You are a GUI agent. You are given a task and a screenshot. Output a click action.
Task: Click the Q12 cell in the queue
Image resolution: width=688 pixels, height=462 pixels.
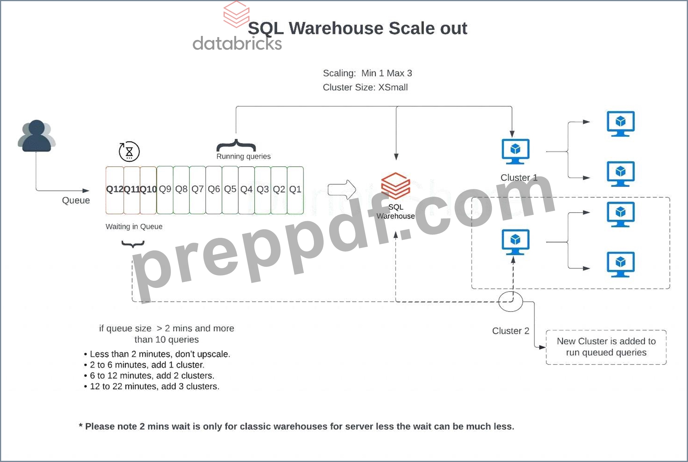[115, 190]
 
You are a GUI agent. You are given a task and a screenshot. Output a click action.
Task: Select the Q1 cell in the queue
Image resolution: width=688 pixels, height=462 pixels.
[295, 190]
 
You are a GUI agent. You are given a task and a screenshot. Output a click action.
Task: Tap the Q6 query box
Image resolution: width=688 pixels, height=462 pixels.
[214, 190]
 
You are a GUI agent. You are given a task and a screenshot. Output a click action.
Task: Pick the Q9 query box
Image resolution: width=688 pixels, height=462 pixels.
[165, 190]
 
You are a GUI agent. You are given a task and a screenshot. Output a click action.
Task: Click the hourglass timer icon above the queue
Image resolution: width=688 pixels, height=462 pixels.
[129, 152]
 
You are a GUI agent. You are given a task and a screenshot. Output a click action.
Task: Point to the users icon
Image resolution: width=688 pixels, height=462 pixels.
[36, 136]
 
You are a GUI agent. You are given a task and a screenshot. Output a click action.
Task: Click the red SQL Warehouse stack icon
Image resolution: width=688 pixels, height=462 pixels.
[396, 186]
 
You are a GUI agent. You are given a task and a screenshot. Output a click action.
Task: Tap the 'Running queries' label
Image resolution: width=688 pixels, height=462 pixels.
[244, 156]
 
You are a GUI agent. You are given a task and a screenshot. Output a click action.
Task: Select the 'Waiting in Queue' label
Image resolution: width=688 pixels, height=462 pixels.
[134, 226]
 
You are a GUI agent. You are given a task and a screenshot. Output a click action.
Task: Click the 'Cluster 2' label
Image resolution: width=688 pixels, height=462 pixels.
[510, 331]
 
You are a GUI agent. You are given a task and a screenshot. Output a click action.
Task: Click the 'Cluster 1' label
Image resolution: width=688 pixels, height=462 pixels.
[519, 177]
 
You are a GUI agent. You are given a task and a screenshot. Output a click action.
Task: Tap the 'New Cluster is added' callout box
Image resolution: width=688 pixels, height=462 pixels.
[606, 347]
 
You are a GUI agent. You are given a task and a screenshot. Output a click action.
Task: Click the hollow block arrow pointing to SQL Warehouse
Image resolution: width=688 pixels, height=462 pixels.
[342, 190]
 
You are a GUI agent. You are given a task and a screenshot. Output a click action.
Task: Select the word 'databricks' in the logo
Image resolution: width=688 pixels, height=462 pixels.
[237, 43]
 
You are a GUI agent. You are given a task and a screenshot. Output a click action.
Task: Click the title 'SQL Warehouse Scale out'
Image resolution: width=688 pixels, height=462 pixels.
[357, 28]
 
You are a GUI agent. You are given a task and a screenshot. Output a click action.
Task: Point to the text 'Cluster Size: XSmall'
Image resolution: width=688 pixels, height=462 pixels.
[365, 87]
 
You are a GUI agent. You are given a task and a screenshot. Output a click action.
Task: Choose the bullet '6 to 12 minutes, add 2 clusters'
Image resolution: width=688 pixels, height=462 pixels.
[149, 376]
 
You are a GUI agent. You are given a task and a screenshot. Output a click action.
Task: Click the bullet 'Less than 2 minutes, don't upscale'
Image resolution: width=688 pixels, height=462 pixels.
[157, 354]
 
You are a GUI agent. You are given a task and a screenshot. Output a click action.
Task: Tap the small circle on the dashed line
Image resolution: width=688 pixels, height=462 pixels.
[510, 302]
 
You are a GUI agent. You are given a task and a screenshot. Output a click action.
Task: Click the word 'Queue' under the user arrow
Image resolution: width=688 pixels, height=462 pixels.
[76, 200]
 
